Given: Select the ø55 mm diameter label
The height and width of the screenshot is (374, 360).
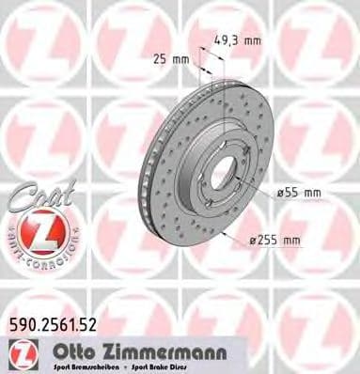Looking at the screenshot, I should [x=299, y=192].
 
